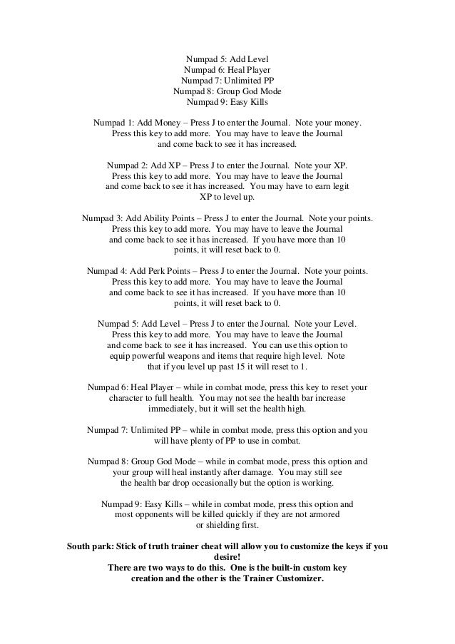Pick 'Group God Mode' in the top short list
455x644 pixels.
(247, 91)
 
